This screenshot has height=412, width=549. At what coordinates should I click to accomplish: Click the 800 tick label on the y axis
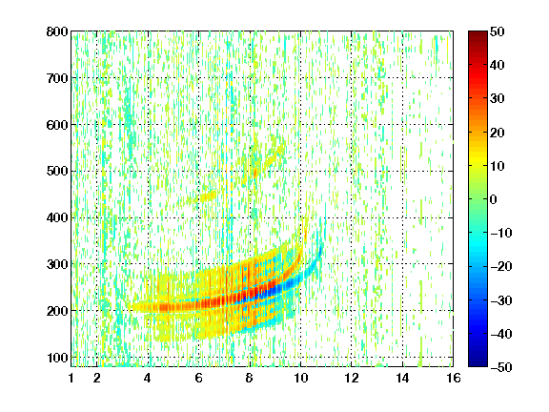[x=57, y=31]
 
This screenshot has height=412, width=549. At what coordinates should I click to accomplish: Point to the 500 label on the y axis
[x=57, y=172]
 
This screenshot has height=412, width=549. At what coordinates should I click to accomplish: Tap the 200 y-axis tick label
[x=57, y=311]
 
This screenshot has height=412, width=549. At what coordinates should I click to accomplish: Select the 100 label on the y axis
[x=57, y=358]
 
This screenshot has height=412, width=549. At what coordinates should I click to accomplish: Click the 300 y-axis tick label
[x=57, y=264]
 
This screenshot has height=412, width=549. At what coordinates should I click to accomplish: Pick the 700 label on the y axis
[x=57, y=78]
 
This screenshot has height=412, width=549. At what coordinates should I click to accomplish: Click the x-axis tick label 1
[x=71, y=378]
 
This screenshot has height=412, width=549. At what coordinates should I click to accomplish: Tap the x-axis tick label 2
[x=96, y=378]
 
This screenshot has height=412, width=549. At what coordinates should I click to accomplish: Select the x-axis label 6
[x=198, y=378]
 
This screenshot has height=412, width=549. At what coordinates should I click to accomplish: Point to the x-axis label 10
[x=300, y=378]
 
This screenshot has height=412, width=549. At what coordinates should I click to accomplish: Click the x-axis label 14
[x=402, y=378]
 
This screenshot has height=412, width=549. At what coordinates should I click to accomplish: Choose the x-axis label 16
[x=453, y=378]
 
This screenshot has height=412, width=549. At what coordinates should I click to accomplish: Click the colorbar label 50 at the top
[x=498, y=31]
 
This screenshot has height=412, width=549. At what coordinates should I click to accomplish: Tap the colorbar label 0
[x=494, y=199]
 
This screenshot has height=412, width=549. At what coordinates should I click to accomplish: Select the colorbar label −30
[x=501, y=300]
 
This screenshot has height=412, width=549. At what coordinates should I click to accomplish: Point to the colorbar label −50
[x=501, y=367]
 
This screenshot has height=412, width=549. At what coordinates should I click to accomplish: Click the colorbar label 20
[x=498, y=133]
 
